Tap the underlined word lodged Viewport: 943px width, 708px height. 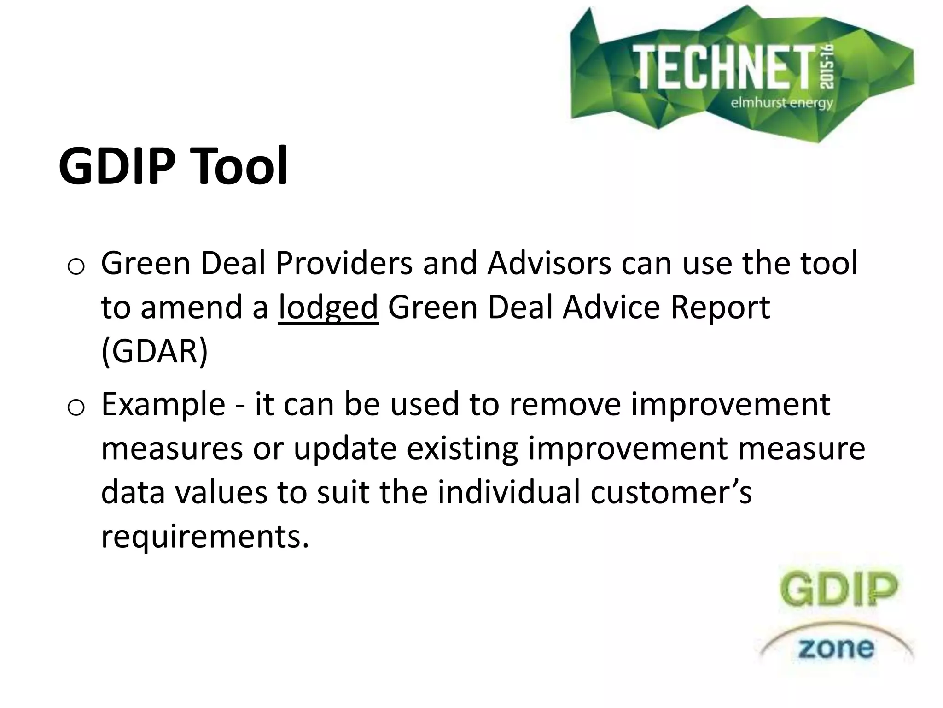328,308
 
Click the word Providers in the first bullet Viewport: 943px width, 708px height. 344,264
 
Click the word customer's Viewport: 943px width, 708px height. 671,492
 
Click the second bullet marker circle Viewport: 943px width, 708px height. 75,408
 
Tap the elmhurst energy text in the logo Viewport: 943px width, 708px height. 782,102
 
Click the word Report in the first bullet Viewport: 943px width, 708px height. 720,308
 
